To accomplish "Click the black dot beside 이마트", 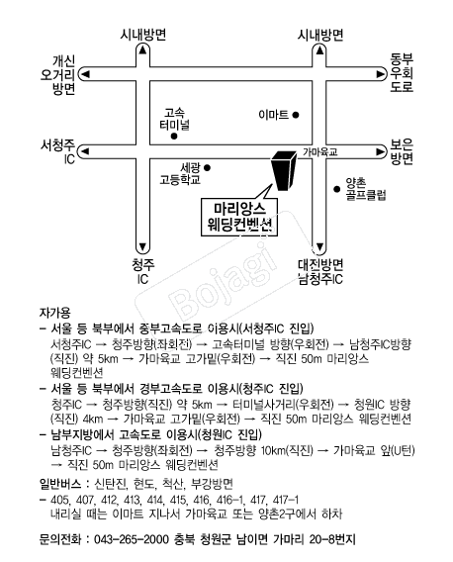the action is point(296,115).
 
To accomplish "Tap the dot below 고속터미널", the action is point(174,137).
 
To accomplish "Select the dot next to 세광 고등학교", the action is point(207,167).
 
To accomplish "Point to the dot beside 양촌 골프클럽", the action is point(336,189).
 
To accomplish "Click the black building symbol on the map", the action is point(283,170).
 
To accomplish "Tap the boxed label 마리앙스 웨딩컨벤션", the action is point(239,217).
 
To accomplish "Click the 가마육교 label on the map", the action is point(320,152).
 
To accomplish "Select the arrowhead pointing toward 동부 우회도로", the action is point(380,74).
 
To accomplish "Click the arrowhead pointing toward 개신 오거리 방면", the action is point(85,74).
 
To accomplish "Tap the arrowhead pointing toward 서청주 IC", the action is point(85,151).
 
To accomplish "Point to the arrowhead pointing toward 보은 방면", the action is point(380,151).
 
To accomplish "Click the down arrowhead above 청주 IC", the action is point(142,247).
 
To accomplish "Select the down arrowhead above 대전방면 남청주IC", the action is point(320,247).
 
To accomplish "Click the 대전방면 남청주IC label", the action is point(320,272).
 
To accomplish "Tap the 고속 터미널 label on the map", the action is point(174,120).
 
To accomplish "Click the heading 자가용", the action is point(54,313).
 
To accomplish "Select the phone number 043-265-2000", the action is point(132,539).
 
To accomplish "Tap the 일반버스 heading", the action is point(60,484).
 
